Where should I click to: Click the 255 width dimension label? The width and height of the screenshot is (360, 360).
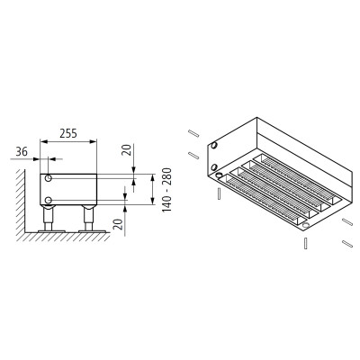(68, 133)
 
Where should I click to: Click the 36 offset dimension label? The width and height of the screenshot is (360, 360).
(22, 152)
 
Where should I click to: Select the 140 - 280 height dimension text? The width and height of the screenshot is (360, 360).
(166, 190)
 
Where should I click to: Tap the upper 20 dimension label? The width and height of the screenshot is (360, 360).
(128, 149)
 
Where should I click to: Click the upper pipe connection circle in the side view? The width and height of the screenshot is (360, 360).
(48, 178)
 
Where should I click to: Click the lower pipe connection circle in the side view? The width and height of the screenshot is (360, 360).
(48, 200)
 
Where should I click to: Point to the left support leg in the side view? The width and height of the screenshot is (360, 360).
(48, 218)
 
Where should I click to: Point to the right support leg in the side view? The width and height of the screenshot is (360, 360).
(88, 218)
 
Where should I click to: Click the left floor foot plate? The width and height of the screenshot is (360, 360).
(51, 231)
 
